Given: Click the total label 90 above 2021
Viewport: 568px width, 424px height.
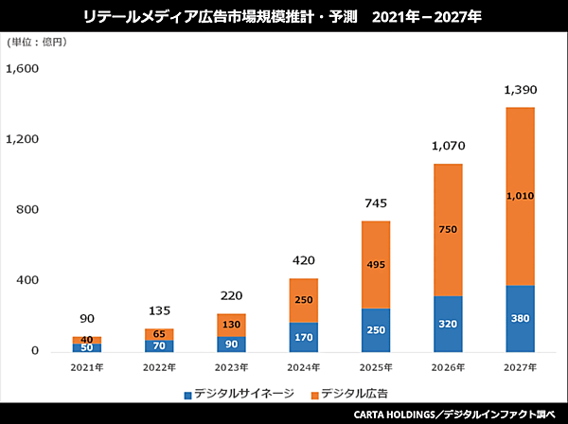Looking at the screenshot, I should point(87,319).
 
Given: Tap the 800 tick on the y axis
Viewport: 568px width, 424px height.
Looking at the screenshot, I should point(30,210).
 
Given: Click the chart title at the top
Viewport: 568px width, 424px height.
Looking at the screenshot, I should point(284,16).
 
